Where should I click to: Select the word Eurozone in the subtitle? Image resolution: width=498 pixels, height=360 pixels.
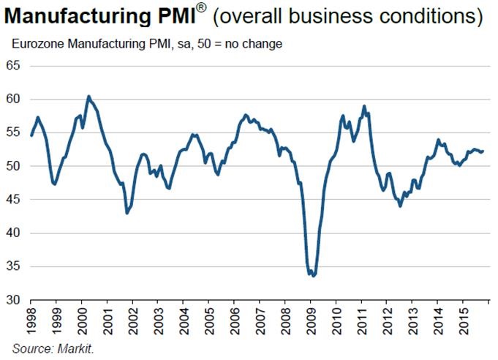tap(36, 45)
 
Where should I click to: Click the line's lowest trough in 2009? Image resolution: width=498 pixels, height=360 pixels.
tap(313, 276)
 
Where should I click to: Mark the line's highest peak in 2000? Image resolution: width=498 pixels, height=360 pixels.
tap(88, 96)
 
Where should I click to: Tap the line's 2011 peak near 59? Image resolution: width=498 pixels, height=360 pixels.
tap(364, 106)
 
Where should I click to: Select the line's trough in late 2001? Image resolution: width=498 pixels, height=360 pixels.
tap(127, 213)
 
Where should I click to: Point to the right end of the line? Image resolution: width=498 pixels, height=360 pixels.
tap(483, 151)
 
